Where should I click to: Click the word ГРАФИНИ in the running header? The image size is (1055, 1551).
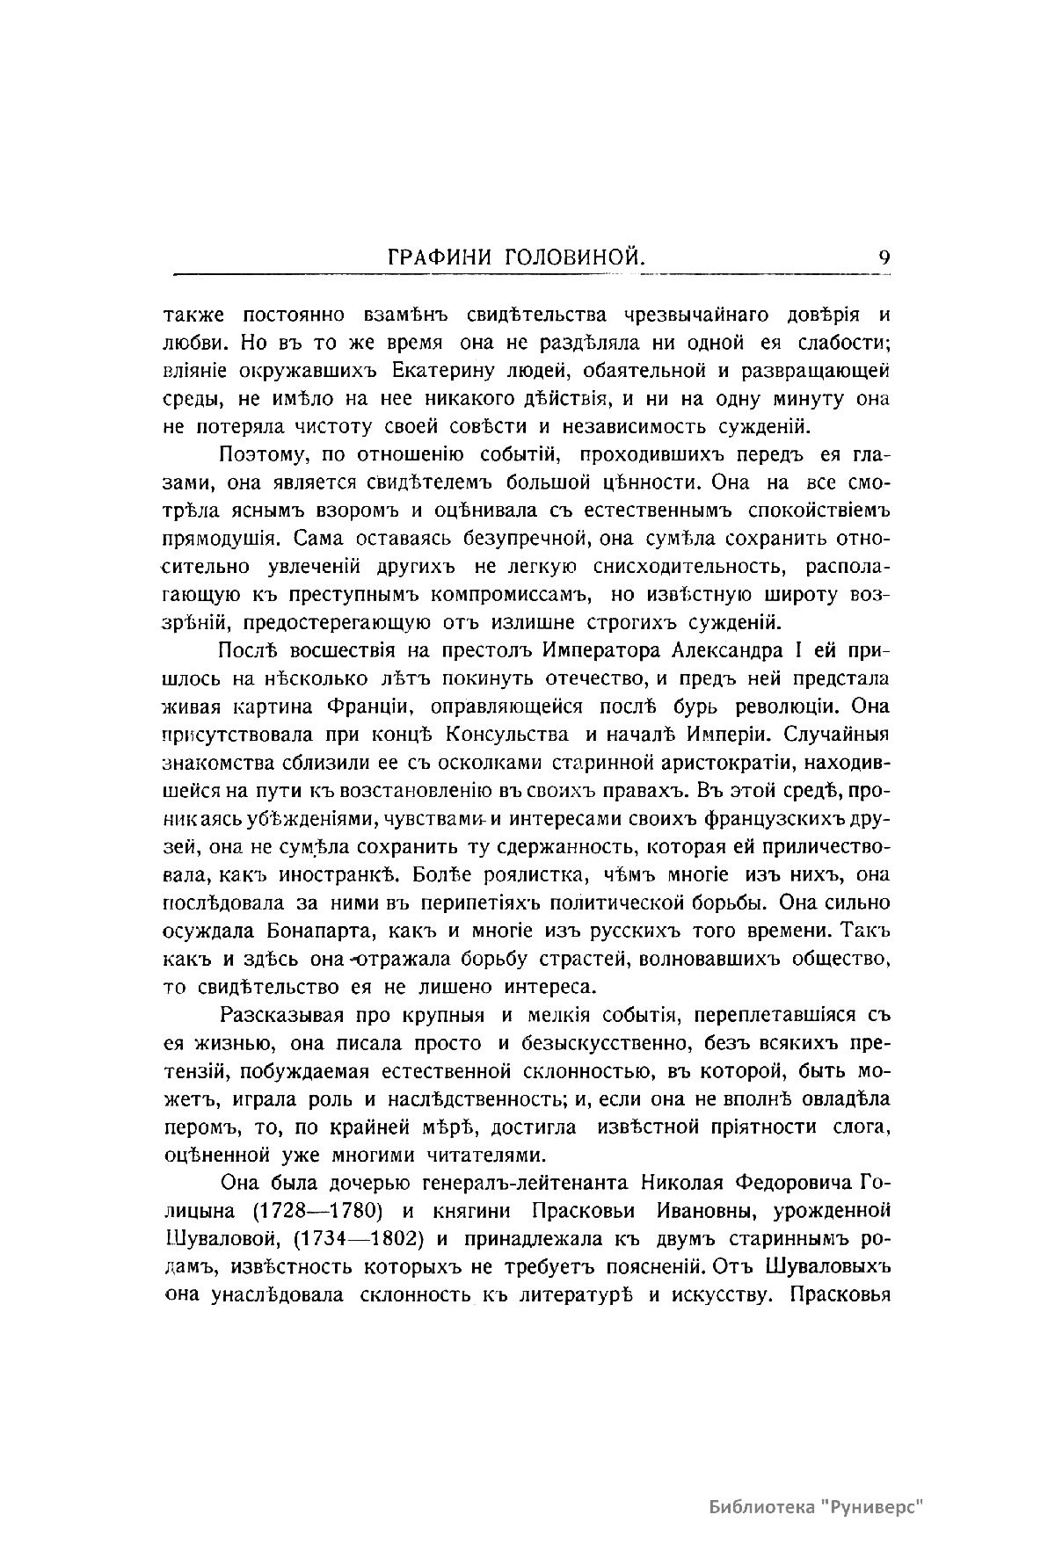[440, 258]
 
